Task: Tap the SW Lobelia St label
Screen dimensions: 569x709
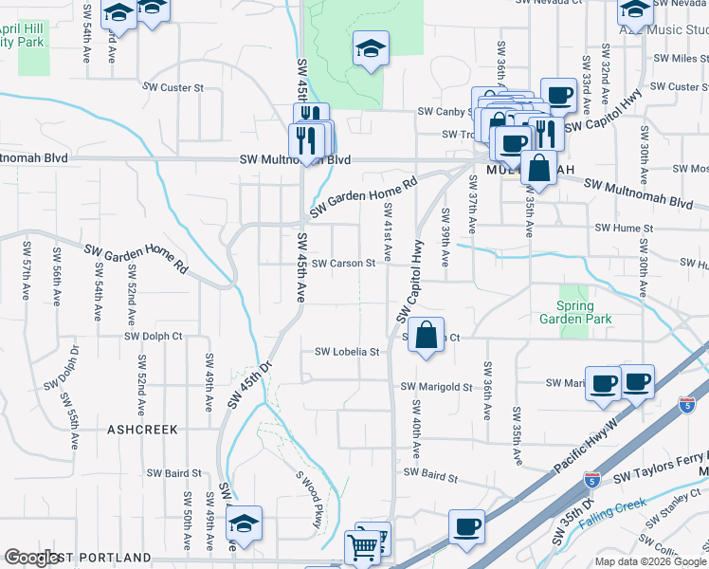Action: coord(347,352)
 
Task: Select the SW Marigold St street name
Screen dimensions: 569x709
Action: coord(436,387)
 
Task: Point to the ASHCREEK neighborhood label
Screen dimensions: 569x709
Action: coord(142,430)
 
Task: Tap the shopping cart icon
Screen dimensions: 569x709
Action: coord(363,546)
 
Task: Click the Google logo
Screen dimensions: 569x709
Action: coord(31,558)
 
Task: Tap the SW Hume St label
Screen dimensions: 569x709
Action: coord(624,229)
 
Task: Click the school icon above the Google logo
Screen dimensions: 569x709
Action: coord(245,523)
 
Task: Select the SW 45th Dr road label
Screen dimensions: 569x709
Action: coord(249,384)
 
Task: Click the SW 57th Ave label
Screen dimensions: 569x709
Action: coord(27,269)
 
